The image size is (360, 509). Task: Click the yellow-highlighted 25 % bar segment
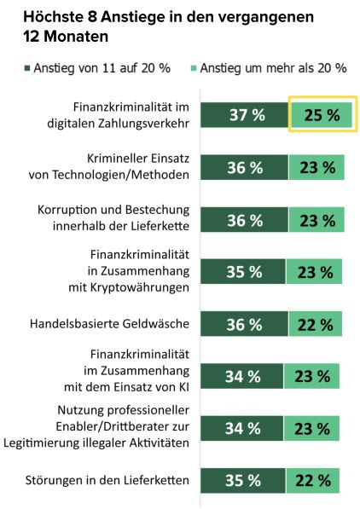point(322,115)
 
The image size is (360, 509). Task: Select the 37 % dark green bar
point(244,115)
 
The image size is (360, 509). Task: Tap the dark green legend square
point(27,68)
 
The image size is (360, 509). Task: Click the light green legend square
point(194,68)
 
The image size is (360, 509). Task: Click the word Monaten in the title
point(76,37)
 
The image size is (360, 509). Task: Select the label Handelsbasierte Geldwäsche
point(109,324)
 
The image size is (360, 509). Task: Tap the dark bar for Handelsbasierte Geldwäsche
point(244,324)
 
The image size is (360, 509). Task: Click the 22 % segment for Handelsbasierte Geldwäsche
point(316,324)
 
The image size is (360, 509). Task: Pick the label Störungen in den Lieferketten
point(107,480)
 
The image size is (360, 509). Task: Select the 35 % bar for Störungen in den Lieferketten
point(243,480)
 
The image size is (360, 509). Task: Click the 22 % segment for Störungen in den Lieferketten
point(313,480)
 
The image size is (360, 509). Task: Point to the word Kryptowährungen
point(140,287)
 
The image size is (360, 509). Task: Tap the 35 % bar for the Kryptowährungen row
point(243,272)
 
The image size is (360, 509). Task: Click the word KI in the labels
point(184,387)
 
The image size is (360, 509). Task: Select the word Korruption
point(67,210)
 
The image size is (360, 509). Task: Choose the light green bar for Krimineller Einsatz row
point(316,167)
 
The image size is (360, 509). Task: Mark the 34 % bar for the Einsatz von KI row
point(241,376)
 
